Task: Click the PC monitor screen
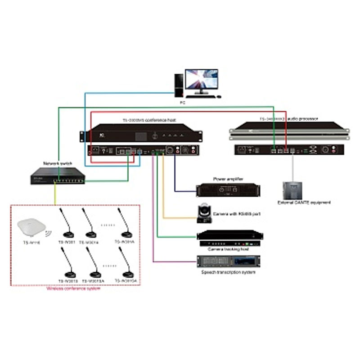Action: click(202, 81)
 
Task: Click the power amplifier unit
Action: click(229, 189)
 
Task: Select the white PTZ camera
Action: click(205, 213)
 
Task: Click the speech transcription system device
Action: click(229, 261)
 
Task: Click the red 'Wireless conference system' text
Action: click(74, 288)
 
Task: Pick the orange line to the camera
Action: click(163, 193)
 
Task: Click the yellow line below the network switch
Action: click(55, 193)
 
